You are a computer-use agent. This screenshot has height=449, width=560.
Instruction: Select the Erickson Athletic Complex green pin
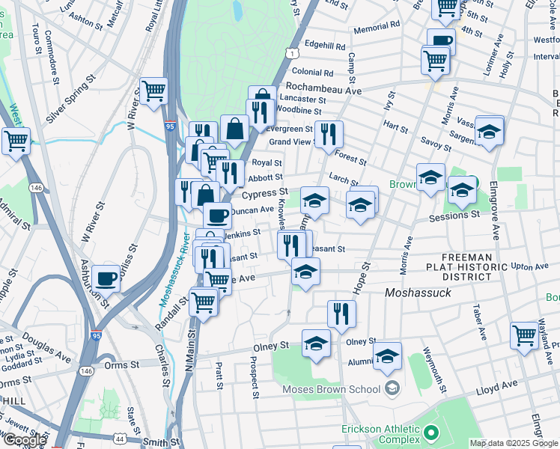430,433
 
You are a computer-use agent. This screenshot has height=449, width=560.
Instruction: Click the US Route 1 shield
290,51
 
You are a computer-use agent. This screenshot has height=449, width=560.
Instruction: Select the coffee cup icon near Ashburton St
106,278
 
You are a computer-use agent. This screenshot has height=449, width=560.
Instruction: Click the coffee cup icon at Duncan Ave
218,215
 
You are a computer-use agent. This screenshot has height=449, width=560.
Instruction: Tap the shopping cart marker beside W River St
153,91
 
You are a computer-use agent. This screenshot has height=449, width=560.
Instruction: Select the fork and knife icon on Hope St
341,314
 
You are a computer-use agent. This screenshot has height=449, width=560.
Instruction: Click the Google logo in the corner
24,440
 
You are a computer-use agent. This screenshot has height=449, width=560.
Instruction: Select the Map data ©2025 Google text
514,443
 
